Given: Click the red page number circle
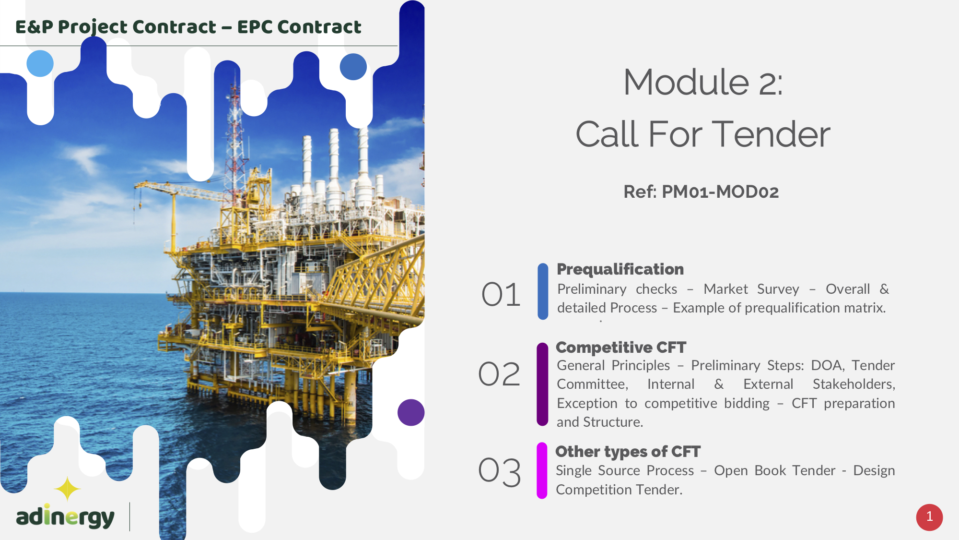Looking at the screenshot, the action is [929, 517].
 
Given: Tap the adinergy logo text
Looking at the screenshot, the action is [65, 516].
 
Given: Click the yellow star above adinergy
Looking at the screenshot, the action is [67, 489].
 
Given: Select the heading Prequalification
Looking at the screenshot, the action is [620, 269].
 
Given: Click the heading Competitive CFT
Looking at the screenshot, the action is [621, 347].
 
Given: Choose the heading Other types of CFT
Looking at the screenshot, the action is [628, 452].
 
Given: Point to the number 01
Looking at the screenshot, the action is [501, 294].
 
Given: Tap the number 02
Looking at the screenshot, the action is [499, 374].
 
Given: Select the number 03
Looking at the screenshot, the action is [500, 472].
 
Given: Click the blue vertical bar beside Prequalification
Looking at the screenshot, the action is [543, 291].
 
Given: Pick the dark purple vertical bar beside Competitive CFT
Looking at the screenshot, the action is [542, 384].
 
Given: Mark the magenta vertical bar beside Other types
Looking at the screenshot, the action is [542, 471].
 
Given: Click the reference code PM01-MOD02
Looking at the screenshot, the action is [720, 192].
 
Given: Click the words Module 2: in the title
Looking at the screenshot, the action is [703, 82].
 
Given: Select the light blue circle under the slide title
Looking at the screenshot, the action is [40, 63].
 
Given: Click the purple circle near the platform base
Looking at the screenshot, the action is [411, 412].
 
